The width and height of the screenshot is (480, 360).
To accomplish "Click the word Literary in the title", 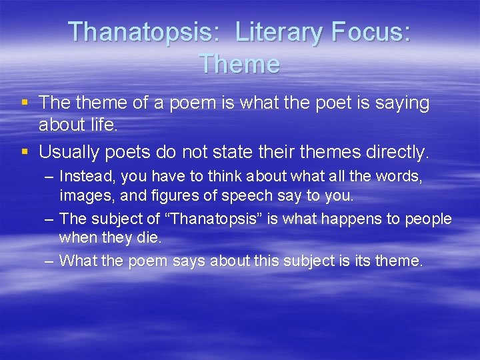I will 273,33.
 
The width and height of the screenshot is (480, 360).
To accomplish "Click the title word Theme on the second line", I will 239,64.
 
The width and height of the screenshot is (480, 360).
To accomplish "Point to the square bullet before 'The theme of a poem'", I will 25,103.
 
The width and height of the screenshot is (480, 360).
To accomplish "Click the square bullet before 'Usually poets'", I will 25,151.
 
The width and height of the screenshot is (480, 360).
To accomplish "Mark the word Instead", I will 82,177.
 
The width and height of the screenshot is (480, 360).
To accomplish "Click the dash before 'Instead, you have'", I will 49,177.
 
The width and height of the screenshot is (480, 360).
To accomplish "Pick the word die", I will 149,237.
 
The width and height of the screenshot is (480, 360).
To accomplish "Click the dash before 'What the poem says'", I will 49,261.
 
